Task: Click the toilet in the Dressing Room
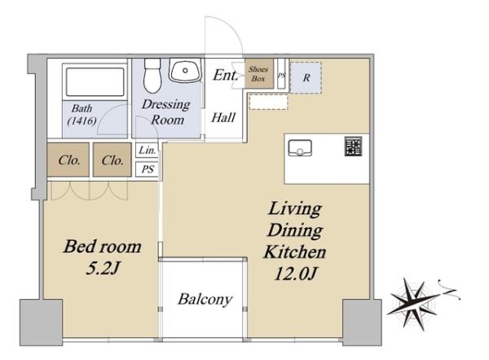[152, 76]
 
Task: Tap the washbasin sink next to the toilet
[185, 71]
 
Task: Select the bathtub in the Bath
[95, 82]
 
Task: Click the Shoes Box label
[258, 74]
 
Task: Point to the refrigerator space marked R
[306, 77]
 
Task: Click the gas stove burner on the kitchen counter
[354, 146]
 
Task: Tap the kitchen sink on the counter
[300, 147]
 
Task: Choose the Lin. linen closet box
[148, 150]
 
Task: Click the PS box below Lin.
[148, 169]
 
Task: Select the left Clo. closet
[68, 160]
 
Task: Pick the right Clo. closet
[112, 160]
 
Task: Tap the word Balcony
[205, 300]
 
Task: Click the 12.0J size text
[295, 274]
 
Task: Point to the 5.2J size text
[103, 268]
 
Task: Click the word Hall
[223, 117]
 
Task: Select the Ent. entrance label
[226, 75]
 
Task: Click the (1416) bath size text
[81, 121]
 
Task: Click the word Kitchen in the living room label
[295, 252]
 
